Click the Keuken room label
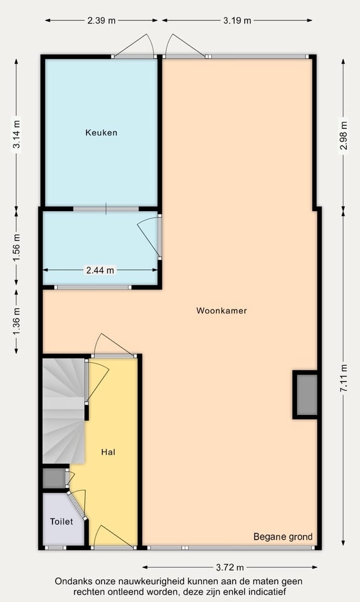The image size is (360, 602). coord(101,132)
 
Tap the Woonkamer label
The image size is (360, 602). coord(221,310)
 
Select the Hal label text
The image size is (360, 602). coord(108,451)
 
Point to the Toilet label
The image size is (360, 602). coord(61,522)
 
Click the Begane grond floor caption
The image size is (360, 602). coord(283,536)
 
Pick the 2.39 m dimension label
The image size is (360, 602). coord(101,20)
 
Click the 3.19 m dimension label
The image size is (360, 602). coord(237,20)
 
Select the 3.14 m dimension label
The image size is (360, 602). coord(17,135)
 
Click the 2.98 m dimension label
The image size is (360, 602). coord(343,136)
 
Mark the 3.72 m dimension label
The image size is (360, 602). coord(230,567)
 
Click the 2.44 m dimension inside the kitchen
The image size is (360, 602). coord(100,271)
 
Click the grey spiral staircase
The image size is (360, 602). coord(63,410)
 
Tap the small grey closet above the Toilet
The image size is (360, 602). coord(53,478)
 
